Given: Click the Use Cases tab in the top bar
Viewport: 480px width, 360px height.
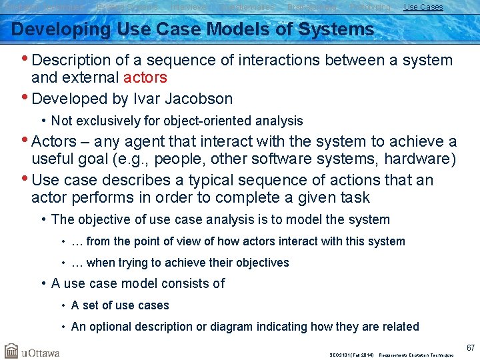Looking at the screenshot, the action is (423, 7).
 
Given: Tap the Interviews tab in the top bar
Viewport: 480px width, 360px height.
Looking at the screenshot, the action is (188, 7).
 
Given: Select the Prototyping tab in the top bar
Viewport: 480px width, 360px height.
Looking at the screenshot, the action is (370, 7).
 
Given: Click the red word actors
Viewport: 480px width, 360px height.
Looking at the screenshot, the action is (145, 78).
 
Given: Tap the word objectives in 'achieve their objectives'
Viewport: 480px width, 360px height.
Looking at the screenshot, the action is (261, 263).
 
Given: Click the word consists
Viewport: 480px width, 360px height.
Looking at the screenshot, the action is (189, 283).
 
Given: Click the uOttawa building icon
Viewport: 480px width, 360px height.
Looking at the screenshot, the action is (11, 351).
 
